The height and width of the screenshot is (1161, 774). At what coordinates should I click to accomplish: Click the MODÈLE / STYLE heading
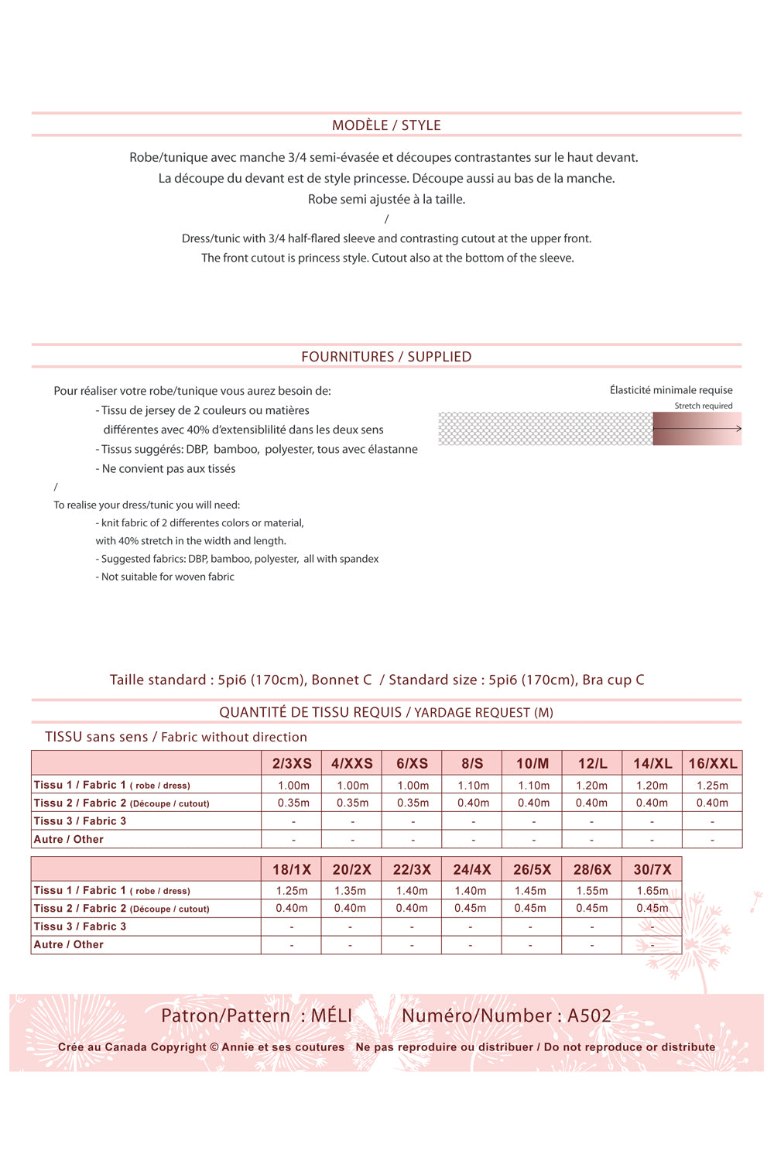pyautogui.click(x=386, y=125)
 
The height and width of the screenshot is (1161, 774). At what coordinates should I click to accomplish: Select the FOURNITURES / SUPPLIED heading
pyautogui.click(x=386, y=357)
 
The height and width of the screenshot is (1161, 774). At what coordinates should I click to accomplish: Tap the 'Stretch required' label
pyautogui.click(x=703, y=406)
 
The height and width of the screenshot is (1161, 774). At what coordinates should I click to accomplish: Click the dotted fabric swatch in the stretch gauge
pyautogui.click(x=545, y=429)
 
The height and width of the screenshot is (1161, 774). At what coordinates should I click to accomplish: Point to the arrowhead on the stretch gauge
pyautogui.click(x=738, y=428)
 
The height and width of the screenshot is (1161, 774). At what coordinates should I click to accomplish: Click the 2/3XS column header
pyautogui.click(x=292, y=763)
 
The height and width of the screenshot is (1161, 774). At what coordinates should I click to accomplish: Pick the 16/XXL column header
pyautogui.click(x=712, y=763)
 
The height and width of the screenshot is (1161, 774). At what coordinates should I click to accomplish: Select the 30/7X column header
pyautogui.click(x=652, y=869)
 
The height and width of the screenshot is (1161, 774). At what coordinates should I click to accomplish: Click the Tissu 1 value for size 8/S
pyautogui.click(x=473, y=785)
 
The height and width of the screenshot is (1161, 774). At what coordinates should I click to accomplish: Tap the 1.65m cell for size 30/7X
pyautogui.click(x=652, y=891)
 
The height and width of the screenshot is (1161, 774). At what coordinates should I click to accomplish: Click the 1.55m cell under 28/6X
pyautogui.click(x=592, y=891)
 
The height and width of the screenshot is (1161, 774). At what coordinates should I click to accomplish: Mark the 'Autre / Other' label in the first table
pyautogui.click(x=69, y=839)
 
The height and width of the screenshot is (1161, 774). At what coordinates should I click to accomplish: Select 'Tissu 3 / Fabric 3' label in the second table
pyautogui.click(x=80, y=926)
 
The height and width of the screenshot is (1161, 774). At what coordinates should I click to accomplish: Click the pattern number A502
pyautogui.click(x=589, y=1015)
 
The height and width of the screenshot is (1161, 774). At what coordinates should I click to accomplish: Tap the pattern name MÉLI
pyautogui.click(x=331, y=1015)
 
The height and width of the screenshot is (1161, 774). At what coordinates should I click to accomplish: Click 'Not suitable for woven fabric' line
pyautogui.click(x=167, y=577)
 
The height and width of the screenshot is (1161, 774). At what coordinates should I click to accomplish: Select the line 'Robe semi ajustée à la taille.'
pyautogui.click(x=386, y=199)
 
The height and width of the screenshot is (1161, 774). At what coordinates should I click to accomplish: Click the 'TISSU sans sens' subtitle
pyautogui.click(x=96, y=737)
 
